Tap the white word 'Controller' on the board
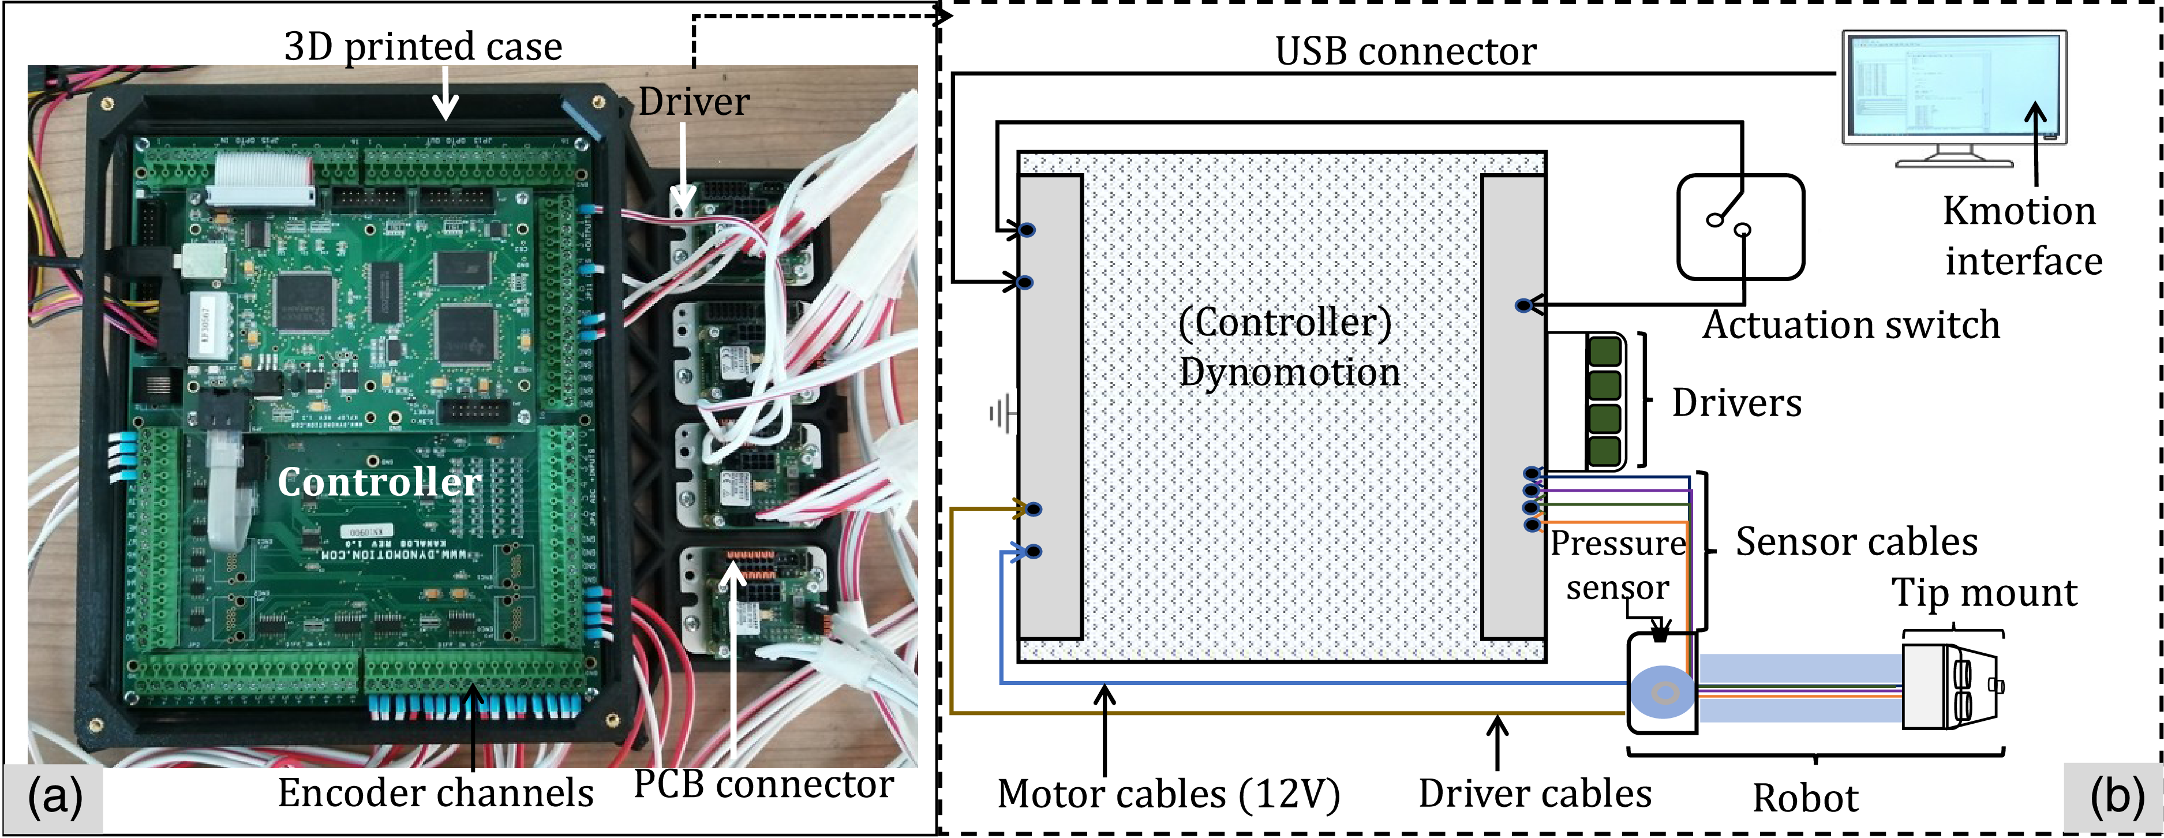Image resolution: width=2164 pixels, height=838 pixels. [x=379, y=481]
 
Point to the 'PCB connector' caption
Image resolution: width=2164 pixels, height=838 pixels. [x=763, y=784]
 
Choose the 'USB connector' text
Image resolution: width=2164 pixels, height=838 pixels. [x=1405, y=51]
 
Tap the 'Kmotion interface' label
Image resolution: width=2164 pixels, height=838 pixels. [x=2021, y=236]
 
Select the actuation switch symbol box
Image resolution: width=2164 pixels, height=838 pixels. [x=1740, y=227]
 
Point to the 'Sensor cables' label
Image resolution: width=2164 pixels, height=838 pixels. [x=1856, y=542]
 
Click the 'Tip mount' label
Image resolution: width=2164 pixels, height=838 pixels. [x=1983, y=593]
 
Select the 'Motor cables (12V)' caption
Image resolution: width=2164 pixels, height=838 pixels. [x=1167, y=794]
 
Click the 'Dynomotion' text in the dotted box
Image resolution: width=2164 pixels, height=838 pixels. [x=1290, y=372]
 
